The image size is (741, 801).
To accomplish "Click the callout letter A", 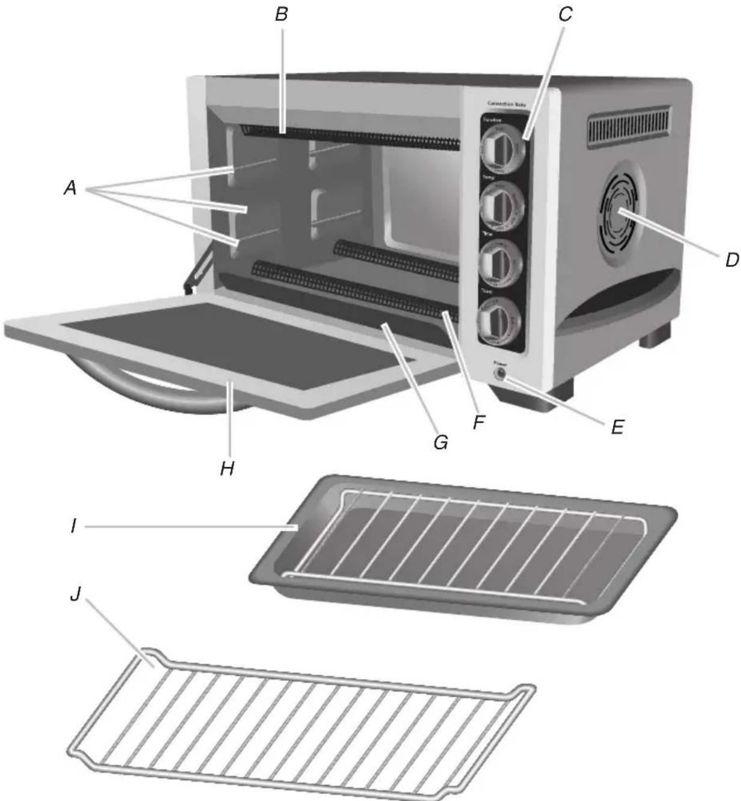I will [70, 189].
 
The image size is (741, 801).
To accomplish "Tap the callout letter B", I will [281, 14].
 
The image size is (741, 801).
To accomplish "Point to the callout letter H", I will [226, 468].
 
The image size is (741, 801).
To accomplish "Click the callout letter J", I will [74, 597].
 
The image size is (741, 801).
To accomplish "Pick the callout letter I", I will [73, 526].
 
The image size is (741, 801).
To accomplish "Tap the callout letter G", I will [440, 443].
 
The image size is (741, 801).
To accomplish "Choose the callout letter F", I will [479, 423].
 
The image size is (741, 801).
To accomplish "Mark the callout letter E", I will [617, 427].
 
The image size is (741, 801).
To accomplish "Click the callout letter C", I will [564, 14].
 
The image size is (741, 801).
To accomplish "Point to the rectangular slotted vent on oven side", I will [629, 125].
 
